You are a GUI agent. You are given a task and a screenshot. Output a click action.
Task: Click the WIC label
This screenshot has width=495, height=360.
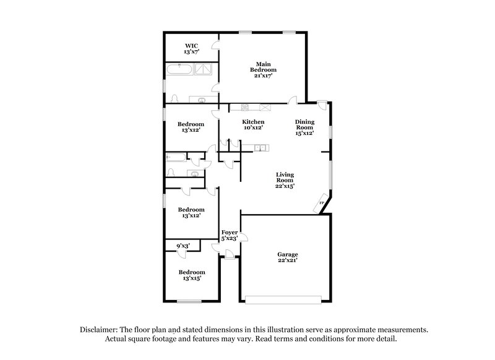191,48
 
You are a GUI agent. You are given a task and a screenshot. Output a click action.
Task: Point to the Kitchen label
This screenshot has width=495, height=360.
253,124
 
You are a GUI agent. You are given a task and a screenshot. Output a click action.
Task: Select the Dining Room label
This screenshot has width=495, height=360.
304,127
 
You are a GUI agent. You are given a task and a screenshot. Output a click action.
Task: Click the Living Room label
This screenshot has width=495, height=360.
285,179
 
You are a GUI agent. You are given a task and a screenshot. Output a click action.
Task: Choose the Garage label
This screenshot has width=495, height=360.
287,257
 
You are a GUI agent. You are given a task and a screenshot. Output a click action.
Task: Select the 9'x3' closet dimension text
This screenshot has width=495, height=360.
183,246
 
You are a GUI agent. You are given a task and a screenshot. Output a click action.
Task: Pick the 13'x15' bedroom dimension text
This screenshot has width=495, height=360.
191,278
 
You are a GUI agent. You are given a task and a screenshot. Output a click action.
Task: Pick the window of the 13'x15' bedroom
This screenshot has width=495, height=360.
191,301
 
